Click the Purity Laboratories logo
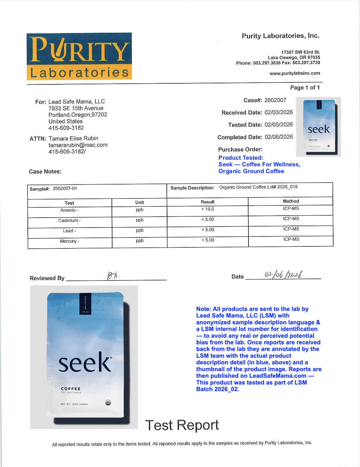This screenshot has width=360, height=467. [x=79, y=56]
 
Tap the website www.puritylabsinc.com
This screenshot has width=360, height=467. [x=295, y=73]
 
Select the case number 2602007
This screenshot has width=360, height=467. [x=275, y=100]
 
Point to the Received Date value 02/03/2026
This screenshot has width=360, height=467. [x=279, y=112]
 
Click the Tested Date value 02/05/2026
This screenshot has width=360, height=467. [x=279, y=125]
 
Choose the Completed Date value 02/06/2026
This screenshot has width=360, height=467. [x=279, y=137]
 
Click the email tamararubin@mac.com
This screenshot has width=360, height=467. [x=78, y=145]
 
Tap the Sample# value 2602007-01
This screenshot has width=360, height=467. [x=65, y=189]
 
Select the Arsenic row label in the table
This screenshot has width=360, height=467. [x=69, y=210]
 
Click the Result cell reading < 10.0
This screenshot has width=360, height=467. [x=208, y=209]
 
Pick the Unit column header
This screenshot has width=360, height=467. [x=140, y=202]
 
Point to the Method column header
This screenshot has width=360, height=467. [x=291, y=201]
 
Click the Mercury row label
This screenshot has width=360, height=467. [x=69, y=241]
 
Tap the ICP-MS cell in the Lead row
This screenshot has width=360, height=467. [x=291, y=229]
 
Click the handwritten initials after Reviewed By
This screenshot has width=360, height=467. [x=113, y=276]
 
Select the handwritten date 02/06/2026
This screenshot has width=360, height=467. [x=283, y=275]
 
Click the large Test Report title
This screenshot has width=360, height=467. [x=182, y=425]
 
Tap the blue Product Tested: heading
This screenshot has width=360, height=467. [x=241, y=158]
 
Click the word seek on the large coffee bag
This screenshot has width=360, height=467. [x=85, y=363]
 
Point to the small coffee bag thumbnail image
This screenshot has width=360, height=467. [x=319, y=127]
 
